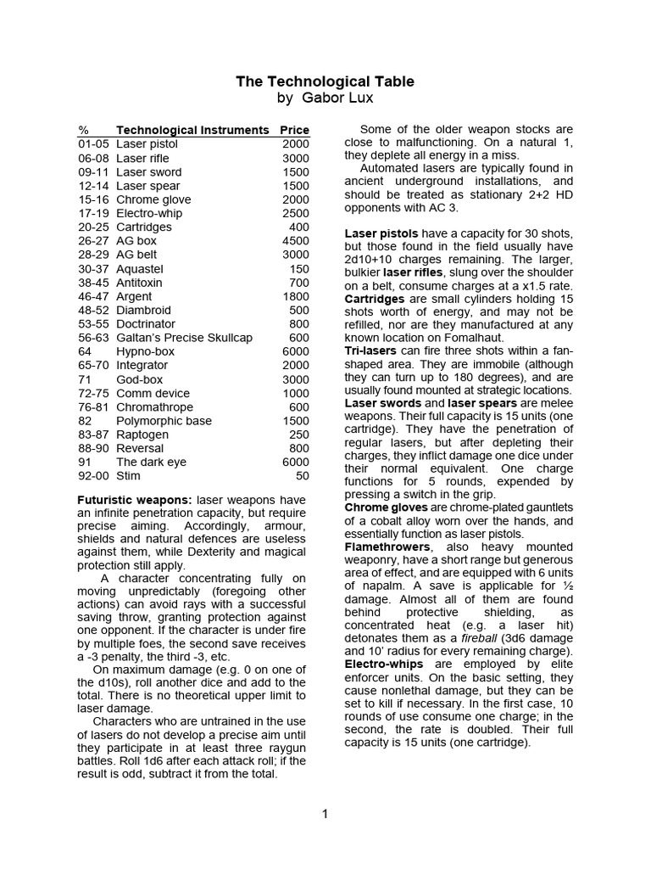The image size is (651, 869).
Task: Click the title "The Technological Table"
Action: [x=325, y=81]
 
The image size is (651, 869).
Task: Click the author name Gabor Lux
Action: [x=325, y=98]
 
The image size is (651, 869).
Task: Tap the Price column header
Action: [x=294, y=130]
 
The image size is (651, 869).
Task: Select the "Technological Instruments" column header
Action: [x=192, y=130]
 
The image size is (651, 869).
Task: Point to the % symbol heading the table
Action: [x=83, y=130]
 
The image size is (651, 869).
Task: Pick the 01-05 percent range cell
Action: [x=92, y=144]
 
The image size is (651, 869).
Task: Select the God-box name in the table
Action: [x=139, y=379]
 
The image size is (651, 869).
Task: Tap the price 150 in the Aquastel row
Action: [x=299, y=268]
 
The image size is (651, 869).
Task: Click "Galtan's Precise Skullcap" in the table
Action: [x=184, y=338]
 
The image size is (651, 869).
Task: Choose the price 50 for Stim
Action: [x=302, y=476]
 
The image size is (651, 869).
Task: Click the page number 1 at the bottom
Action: [x=325, y=815]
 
